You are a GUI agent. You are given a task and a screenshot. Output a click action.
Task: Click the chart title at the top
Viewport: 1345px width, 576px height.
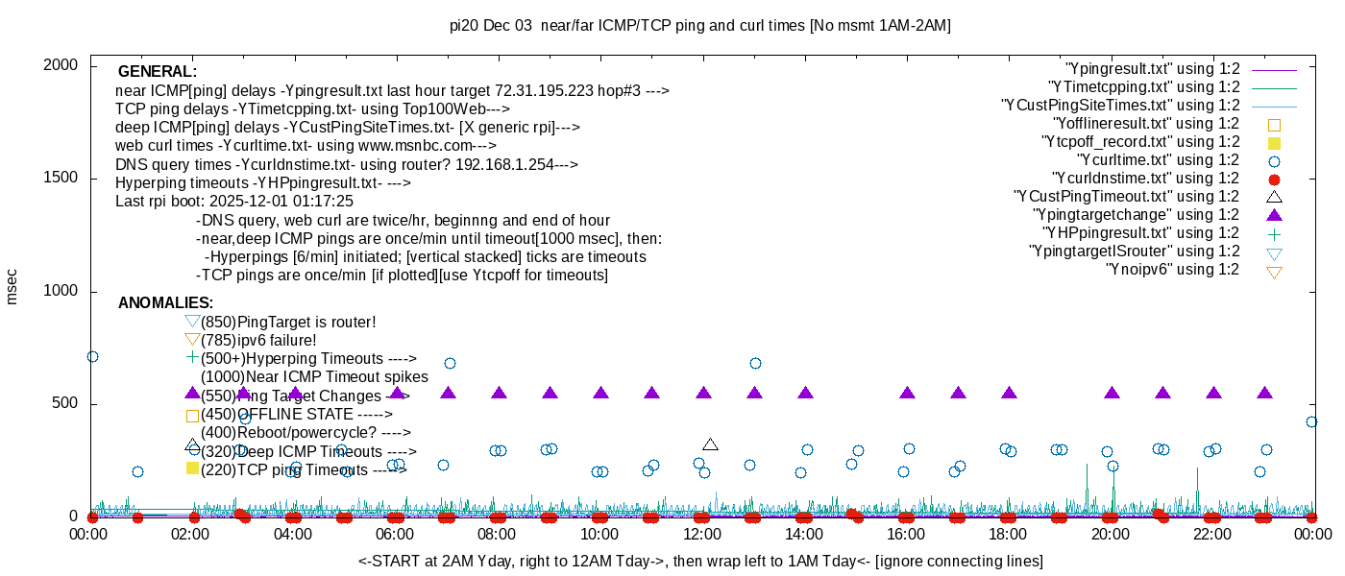point(699,26)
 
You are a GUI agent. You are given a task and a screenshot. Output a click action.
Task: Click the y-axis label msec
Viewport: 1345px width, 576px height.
point(12,286)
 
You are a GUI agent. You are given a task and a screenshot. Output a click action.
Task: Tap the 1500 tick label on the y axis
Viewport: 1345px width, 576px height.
point(60,179)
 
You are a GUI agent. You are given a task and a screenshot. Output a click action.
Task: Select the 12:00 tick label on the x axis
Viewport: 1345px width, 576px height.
point(701,534)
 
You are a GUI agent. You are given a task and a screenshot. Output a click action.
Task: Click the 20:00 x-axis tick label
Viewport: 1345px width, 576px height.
point(1110,534)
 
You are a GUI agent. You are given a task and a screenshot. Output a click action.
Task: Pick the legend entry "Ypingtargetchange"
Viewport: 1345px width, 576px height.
point(1136,214)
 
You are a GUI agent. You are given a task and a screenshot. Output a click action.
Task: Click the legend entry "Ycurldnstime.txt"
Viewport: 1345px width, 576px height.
point(1146,179)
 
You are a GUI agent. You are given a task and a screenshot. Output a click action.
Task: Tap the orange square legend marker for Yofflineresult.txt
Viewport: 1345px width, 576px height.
point(1274,124)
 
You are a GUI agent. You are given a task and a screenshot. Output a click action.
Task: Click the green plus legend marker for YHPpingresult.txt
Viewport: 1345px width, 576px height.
point(1274,233)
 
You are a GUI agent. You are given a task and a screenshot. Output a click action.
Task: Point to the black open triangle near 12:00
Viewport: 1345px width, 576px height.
point(710,444)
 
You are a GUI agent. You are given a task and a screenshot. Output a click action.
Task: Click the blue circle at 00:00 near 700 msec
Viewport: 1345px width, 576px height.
point(92,356)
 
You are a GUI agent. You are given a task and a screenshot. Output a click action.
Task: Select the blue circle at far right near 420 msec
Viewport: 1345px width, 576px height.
point(1311,421)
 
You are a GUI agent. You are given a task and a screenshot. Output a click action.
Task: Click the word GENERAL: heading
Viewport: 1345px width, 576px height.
point(157,72)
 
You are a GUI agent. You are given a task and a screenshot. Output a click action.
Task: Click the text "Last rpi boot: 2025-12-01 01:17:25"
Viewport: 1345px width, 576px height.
point(234,202)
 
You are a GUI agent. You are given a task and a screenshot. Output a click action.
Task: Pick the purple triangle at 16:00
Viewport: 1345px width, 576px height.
point(907,393)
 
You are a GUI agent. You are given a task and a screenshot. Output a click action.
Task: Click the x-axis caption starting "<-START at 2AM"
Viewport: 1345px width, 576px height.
point(700,561)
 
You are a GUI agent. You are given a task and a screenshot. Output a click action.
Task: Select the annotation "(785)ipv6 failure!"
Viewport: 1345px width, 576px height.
point(258,340)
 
